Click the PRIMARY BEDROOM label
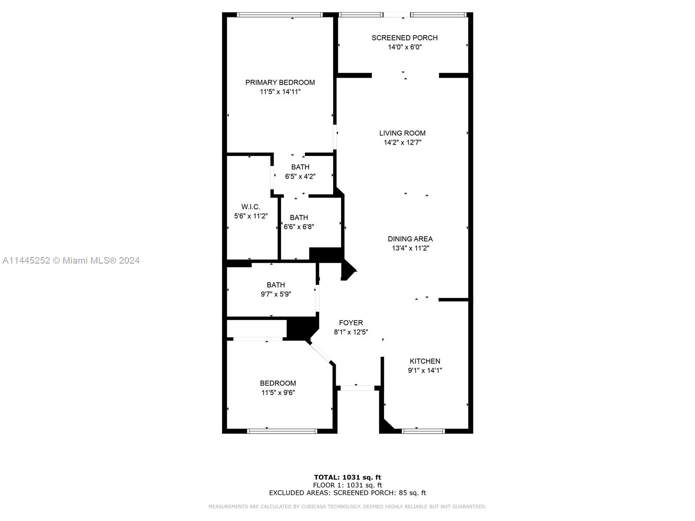(280, 82)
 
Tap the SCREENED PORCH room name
(404, 38)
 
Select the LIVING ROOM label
(402, 133)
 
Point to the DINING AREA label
(410, 239)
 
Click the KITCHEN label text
(424, 361)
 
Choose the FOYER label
(351, 323)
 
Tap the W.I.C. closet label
(251, 207)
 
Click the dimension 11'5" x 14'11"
(280, 92)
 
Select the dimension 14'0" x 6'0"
(404, 47)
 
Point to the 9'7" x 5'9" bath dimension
(275, 294)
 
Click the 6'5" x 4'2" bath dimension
(300, 177)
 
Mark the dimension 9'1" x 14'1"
(424, 370)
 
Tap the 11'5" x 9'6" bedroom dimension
(278, 392)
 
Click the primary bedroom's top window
(280, 15)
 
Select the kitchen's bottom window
(423, 431)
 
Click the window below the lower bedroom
(282, 431)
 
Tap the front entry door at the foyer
(357, 388)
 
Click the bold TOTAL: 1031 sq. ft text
(347, 477)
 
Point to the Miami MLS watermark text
(71, 260)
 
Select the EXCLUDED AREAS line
(347, 492)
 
